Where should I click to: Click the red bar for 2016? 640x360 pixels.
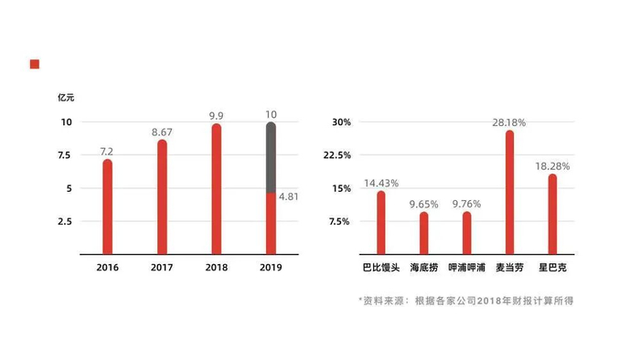coord(108,206)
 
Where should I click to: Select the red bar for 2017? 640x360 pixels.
coord(162,196)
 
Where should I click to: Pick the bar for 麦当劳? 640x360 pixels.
coord(509,192)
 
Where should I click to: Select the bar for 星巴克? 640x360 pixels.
coord(552,213)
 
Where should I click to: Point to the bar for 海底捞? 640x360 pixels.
coord(423,233)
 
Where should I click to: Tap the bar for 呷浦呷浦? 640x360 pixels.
coord(466,233)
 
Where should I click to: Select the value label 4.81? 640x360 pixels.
coord(289,196)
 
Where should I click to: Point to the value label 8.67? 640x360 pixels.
coord(162,132)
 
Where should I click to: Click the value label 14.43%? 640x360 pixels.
coord(382,183)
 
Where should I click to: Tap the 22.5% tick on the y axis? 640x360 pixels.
coord(338,155)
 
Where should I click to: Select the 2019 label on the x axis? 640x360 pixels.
coord(271,268)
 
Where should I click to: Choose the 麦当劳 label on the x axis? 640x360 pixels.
coord(509,268)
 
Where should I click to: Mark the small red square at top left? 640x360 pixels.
coord(34,64)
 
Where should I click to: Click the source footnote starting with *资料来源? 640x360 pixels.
coord(465,301)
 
